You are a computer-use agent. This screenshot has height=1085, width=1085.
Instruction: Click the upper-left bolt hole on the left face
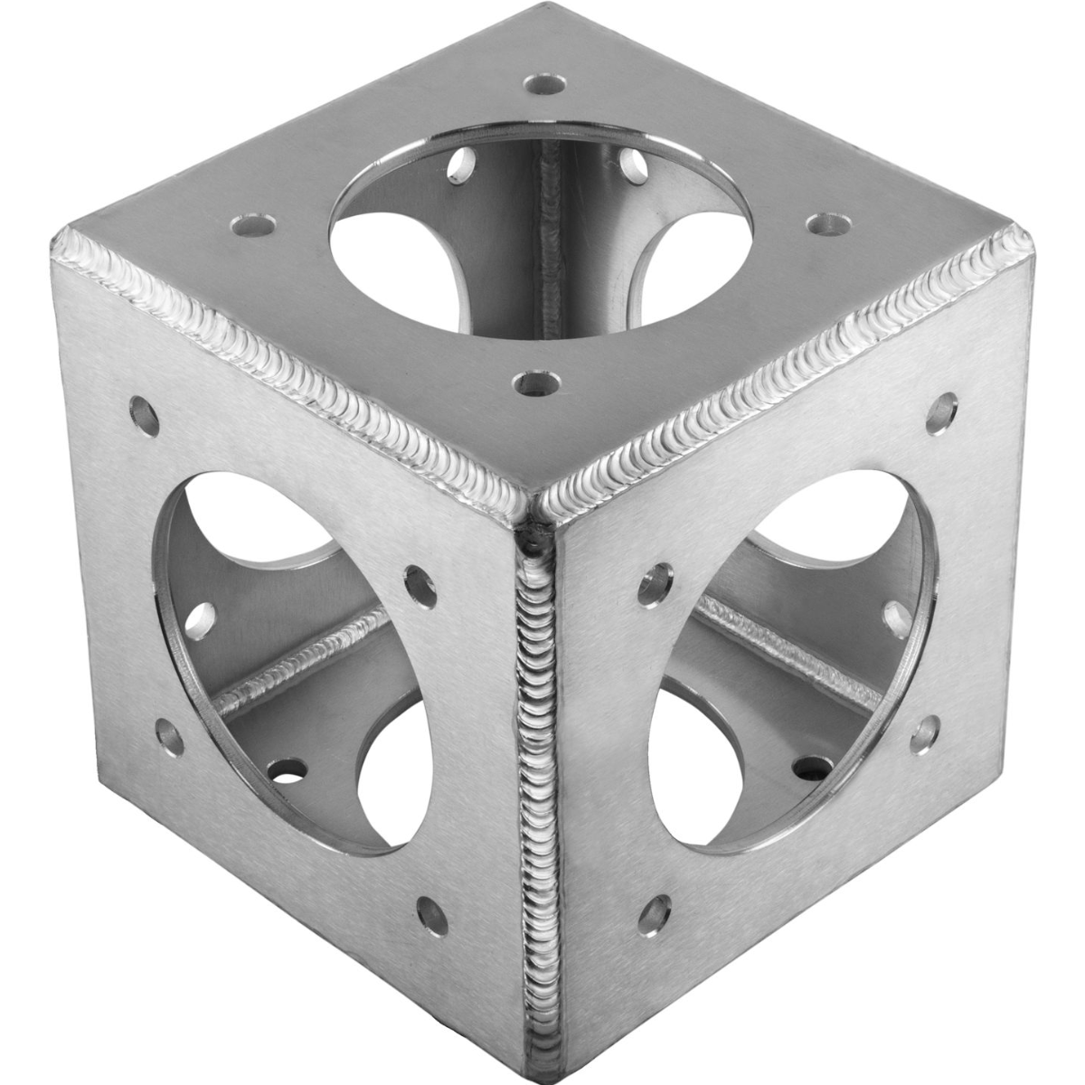(x=142, y=409)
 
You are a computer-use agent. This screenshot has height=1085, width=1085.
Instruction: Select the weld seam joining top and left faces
(x=298, y=353)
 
